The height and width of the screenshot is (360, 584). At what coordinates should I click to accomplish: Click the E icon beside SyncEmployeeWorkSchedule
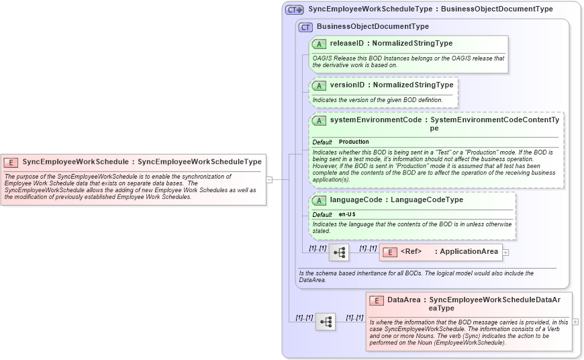[x=11, y=162]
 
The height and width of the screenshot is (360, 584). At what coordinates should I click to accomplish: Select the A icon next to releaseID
[x=320, y=44]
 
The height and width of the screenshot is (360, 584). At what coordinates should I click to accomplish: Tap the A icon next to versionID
[x=320, y=85]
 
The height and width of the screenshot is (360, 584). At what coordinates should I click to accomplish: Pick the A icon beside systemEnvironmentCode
[x=320, y=120]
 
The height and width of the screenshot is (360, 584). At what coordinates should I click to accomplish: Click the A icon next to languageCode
[x=320, y=200]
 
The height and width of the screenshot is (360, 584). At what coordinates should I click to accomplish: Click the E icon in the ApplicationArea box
[x=390, y=252]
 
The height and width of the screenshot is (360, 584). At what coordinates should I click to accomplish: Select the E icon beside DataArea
[x=377, y=300]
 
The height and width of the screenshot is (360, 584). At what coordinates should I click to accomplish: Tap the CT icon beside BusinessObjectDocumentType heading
[x=306, y=27]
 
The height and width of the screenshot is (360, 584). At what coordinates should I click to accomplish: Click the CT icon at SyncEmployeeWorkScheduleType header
[x=295, y=9]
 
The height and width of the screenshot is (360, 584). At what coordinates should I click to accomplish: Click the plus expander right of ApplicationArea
[x=506, y=253]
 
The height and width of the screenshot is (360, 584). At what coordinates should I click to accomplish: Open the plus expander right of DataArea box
[x=575, y=322]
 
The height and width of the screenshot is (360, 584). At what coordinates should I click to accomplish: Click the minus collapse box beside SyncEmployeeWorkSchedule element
[x=269, y=179]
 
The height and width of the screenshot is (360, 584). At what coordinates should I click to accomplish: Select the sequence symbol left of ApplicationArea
[x=339, y=253]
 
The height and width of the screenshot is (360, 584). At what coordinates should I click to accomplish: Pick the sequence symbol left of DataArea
[x=326, y=322]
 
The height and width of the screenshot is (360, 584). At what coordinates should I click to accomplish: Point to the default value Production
[x=354, y=142]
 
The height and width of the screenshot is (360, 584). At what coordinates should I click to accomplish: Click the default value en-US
[x=347, y=214]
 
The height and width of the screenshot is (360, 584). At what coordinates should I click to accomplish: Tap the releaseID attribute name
[x=347, y=44]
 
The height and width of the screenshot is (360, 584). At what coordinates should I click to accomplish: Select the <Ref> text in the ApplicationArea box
[x=411, y=252]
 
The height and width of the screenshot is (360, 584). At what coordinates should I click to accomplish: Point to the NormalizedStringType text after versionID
[x=413, y=85]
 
